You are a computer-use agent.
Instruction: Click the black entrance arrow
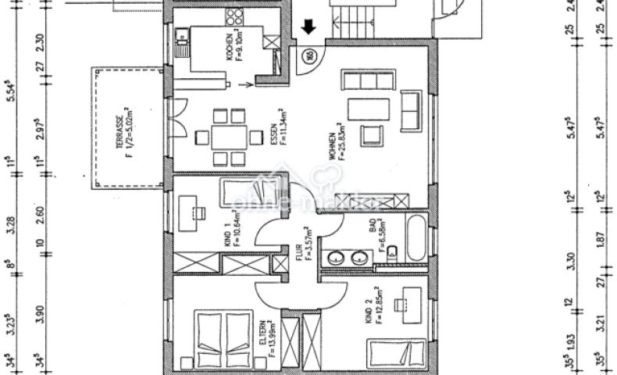tap(308, 28)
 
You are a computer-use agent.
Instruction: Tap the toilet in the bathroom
tap(392, 252)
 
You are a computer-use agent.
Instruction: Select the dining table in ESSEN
tap(230, 137)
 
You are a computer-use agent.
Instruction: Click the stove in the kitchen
tap(234, 16)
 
